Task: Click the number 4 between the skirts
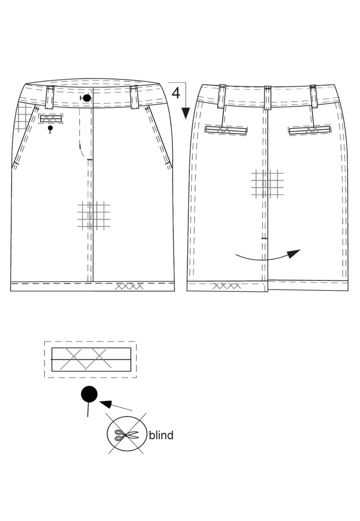(176, 93)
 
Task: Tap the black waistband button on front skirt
(86, 98)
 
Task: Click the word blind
(161, 435)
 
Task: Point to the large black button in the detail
(89, 394)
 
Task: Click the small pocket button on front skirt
(50, 128)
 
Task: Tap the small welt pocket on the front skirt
(51, 119)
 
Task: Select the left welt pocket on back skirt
(226, 130)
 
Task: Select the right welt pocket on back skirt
(310, 131)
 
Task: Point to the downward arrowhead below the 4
(186, 113)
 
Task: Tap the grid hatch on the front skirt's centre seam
(94, 215)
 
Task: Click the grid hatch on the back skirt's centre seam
(267, 184)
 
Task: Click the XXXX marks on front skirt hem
(129, 286)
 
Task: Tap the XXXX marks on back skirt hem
(227, 286)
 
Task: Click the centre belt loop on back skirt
(268, 98)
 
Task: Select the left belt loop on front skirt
(50, 97)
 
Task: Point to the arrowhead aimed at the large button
(106, 404)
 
